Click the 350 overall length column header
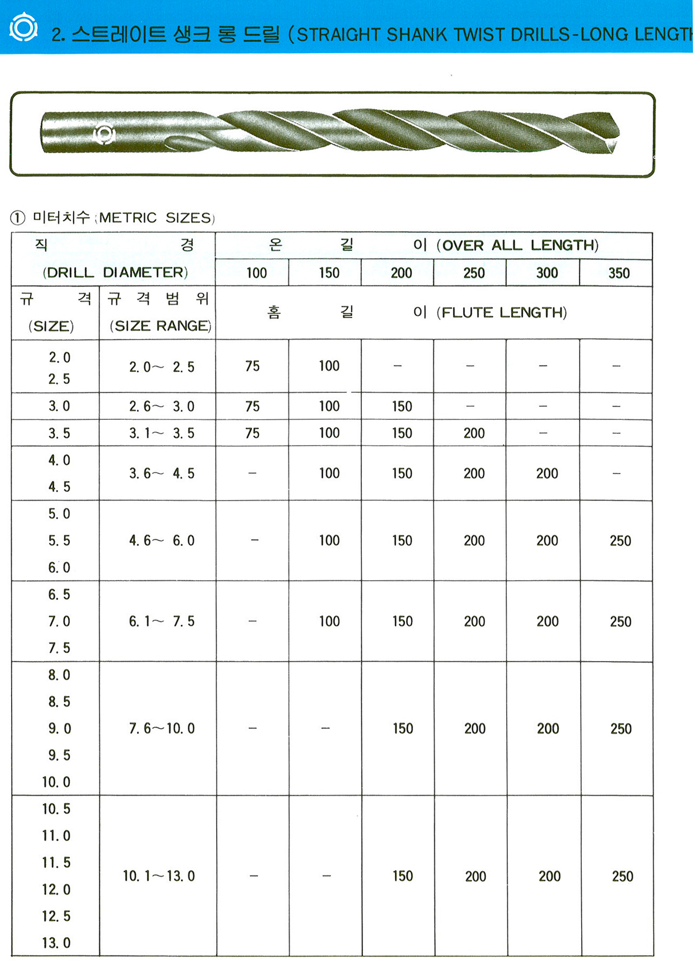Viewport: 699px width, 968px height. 619,273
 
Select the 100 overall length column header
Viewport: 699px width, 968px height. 256,273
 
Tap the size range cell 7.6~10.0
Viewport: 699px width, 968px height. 162,729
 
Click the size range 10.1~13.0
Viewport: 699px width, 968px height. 159,876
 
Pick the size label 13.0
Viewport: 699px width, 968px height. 56,943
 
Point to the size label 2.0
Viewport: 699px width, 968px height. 59,358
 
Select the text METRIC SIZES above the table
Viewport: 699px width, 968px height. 156,218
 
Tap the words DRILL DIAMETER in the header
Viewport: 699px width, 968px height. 115,272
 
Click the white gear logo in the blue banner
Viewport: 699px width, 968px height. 24,27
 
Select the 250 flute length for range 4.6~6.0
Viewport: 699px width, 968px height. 620,541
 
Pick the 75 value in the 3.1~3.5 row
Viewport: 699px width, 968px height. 253,433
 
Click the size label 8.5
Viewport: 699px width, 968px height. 59,702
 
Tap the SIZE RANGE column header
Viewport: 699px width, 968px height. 161,326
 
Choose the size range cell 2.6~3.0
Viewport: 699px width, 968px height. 162,407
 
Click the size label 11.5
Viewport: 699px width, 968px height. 56,862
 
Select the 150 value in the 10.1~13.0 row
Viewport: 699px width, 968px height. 403,876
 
